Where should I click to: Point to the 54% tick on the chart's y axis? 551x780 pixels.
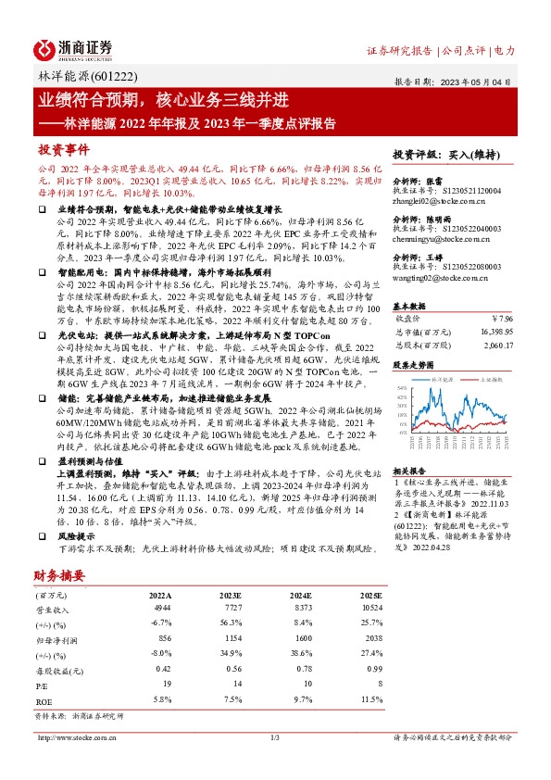pos(400,387)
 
